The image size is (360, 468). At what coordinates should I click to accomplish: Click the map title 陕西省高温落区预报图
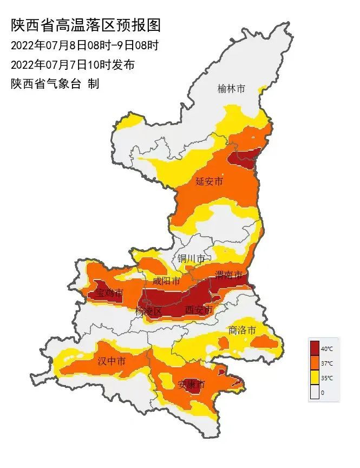tap(86, 25)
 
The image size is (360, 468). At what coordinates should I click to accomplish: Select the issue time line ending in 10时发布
tap(73, 65)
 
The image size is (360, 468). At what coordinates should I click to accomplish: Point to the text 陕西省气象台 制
tap(55, 84)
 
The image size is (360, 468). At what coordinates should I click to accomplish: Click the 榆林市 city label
tap(231, 89)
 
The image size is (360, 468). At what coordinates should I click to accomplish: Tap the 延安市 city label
tap(209, 181)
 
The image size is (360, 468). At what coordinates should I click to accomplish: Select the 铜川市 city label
tap(192, 258)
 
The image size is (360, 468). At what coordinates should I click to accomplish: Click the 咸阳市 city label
tap(166, 281)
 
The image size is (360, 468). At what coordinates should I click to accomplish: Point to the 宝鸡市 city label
tap(109, 294)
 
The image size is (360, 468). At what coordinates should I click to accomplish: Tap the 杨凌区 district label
tap(149, 311)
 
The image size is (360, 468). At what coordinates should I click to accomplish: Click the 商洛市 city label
tap(241, 329)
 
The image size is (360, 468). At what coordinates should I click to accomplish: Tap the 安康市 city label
tap(192, 385)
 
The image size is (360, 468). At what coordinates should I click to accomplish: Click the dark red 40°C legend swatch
tap(315, 348)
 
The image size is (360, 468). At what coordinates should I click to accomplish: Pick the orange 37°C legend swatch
tap(315, 363)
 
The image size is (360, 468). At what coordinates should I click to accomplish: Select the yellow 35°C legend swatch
tap(315, 378)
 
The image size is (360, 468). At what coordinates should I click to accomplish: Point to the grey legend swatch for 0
tap(315, 392)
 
